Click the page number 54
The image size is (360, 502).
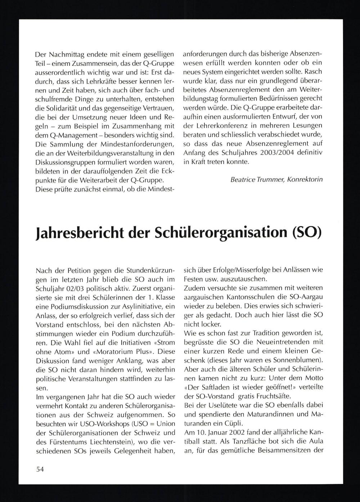tap(40, 469)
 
